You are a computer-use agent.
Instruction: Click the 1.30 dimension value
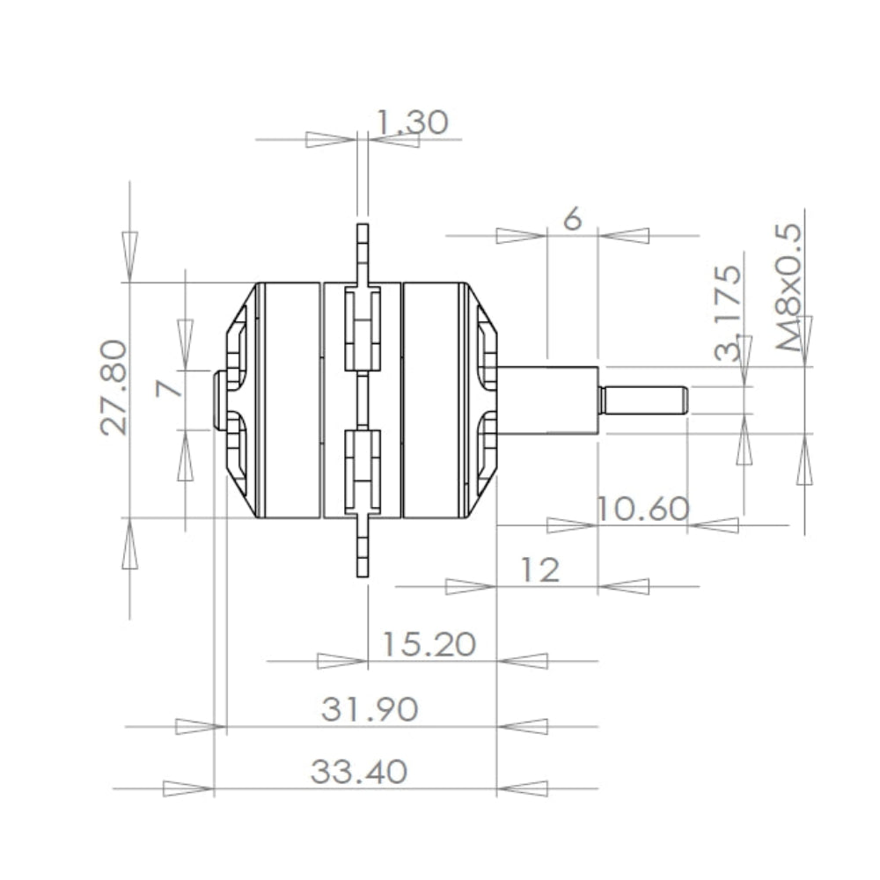411,121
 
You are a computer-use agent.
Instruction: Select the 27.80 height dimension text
114,387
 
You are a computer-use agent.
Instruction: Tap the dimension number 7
169,388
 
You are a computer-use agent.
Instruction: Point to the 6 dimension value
572,217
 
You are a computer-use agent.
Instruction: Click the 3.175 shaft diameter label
728,312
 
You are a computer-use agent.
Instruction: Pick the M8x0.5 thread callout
788,288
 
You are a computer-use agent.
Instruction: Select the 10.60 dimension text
642,509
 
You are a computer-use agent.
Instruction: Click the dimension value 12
540,569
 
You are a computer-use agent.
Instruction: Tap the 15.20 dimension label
429,644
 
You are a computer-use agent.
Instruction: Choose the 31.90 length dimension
370,708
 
